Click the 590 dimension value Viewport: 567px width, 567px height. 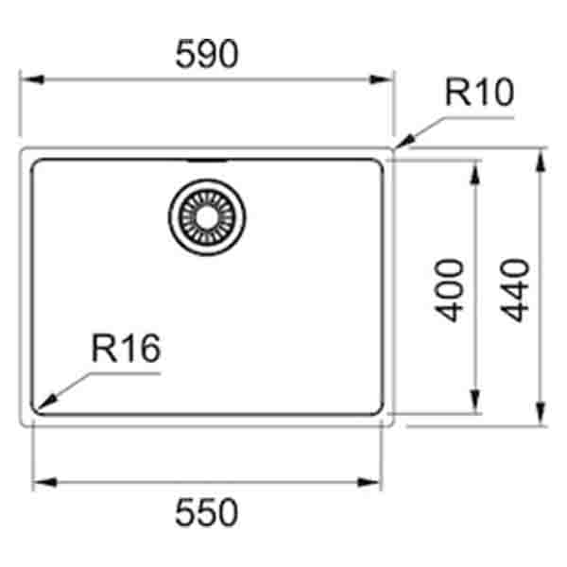pos(207,56)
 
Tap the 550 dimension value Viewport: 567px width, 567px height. pos(207,514)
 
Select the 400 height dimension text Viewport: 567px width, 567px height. pos(453,289)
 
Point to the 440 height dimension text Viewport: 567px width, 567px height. pos(518,289)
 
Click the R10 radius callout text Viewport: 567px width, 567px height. pos(479,94)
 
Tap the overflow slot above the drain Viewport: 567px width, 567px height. pos(206,161)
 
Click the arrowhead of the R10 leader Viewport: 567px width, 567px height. pos(401,146)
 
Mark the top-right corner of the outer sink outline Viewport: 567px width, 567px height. pos(393,148)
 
